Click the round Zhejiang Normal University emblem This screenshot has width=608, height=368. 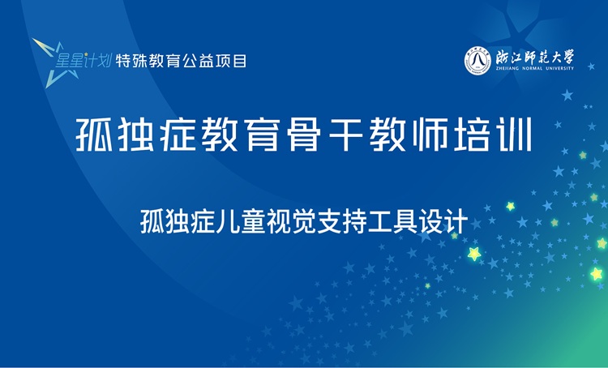click(477, 59)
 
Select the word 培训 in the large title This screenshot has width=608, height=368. click(503, 135)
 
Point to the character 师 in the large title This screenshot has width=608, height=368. click(446, 135)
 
